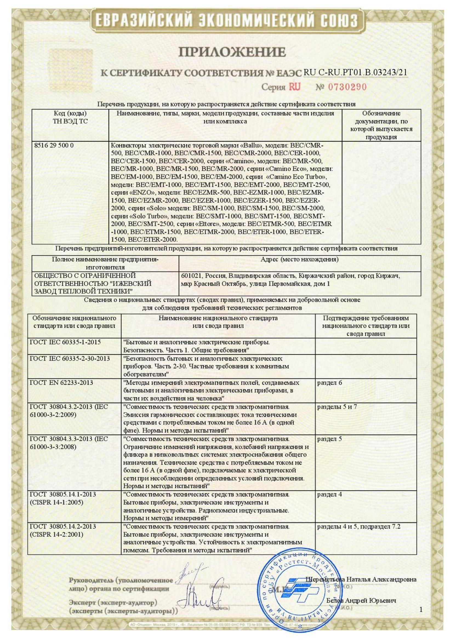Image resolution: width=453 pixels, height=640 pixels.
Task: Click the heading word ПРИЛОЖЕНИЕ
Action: (x=232, y=52)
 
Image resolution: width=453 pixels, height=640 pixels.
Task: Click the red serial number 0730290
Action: (x=347, y=87)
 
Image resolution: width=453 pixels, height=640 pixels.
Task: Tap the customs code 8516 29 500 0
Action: (x=53, y=145)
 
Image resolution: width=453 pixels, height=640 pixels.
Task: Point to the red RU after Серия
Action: (x=294, y=87)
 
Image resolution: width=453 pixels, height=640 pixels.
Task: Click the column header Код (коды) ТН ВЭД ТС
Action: (x=70, y=117)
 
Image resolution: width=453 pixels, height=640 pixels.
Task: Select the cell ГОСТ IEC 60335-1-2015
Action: (x=65, y=342)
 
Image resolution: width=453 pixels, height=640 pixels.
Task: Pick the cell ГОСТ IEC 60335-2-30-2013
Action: (x=70, y=358)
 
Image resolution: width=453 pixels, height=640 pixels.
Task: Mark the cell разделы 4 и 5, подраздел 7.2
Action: (x=359, y=527)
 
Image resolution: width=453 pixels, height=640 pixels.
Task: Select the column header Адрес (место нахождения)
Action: (x=300, y=260)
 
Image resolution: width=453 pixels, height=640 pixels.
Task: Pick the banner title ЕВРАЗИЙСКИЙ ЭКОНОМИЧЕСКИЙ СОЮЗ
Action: (x=227, y=21)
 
